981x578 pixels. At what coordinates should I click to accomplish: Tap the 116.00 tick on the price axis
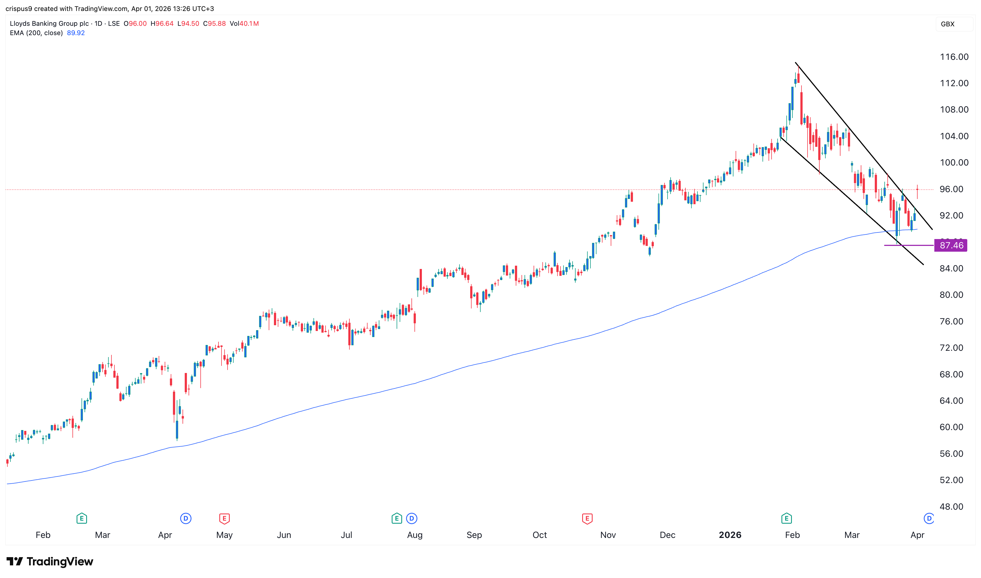click(x=954, y=57)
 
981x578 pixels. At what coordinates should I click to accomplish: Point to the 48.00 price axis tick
click(x=951, y=507)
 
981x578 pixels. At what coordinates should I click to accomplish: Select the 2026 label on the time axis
click(x=730, y=535)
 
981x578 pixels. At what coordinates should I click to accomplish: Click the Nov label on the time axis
click(x=608, y=535)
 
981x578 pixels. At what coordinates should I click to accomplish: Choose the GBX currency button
click(x=948, y=24)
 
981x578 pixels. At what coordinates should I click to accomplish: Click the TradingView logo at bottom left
click(x=50, y=562)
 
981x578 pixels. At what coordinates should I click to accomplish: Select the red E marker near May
click(x=224, y=518)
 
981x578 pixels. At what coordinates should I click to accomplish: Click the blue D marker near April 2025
click(x=186, y=518)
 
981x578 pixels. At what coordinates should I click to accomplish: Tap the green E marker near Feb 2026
click(x=786, y=518)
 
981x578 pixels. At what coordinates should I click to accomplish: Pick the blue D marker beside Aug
click(x=412, y=518)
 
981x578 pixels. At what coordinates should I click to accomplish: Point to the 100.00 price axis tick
click(x=954, y=163)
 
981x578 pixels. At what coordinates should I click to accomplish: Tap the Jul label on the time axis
click(x=346, y=535)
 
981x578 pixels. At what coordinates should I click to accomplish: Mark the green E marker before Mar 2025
click(x=82, y=518)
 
